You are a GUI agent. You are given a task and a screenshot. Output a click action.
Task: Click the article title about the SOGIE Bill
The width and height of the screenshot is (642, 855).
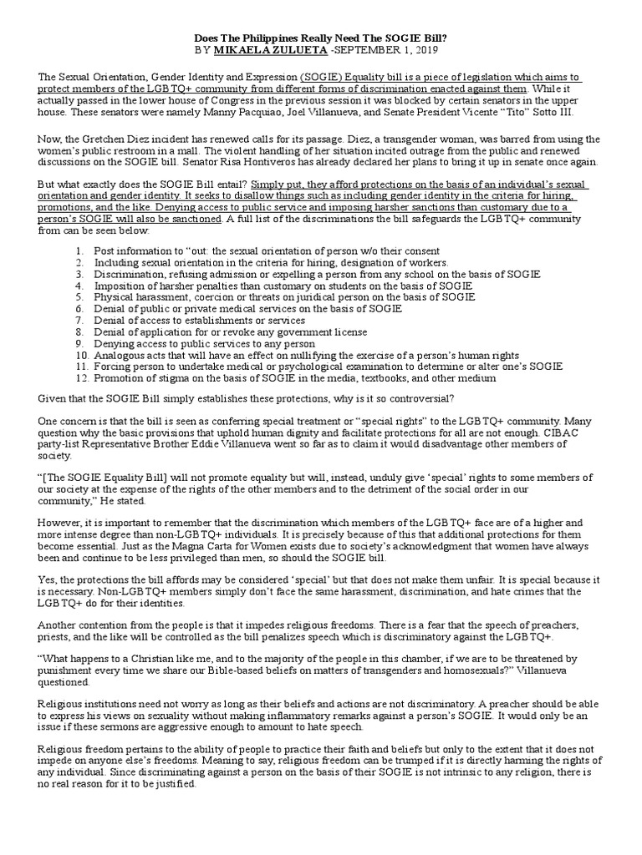pos(321,38)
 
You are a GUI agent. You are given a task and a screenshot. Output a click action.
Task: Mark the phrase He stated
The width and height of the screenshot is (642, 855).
pos(126,501)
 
